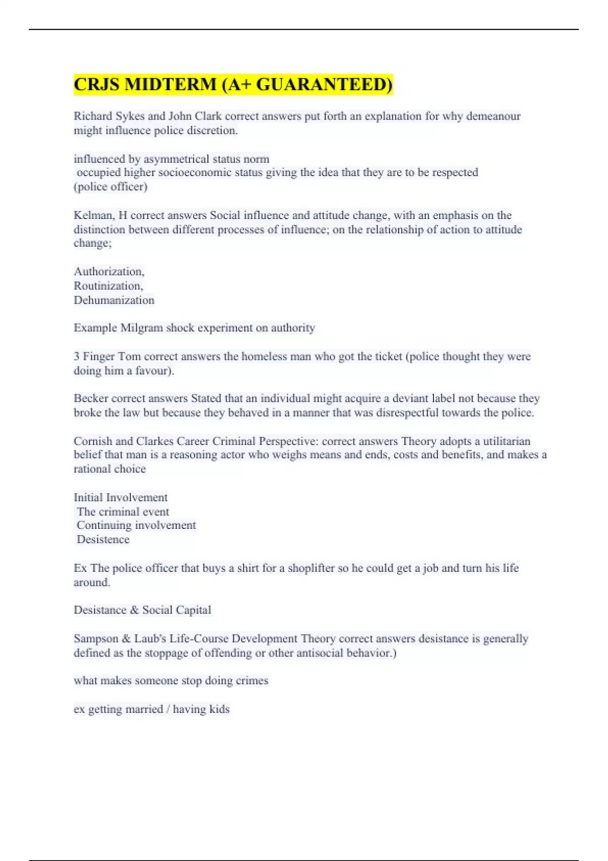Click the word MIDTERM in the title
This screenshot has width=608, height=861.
pos(170,84)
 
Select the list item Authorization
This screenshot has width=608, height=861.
pos(109,271)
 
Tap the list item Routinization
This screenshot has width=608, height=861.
pos(108,286)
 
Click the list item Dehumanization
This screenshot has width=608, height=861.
pos(114,300)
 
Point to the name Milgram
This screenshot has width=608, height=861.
pos(141,328)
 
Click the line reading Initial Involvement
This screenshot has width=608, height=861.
pos(121,497)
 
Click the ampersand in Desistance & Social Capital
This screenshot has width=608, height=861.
pos(134,610)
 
